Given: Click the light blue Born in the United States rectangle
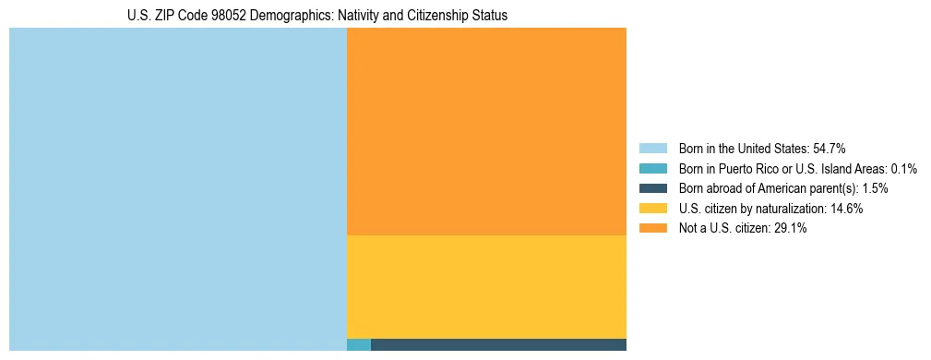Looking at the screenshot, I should (x=177, y=189).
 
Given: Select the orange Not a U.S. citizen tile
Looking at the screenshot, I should (x=486, y=131).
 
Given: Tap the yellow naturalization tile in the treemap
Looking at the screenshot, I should (x=486, y=287).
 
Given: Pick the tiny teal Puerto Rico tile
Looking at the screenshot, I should (x=359, y=345).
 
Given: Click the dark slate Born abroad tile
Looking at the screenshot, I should (x=498, y=345).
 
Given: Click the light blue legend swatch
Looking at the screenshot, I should (x=652, y=149).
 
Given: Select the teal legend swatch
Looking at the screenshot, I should (x=652, y=169).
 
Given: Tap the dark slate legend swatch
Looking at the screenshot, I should (x=652, y=188).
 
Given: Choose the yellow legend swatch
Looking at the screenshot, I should (x=652, y=209).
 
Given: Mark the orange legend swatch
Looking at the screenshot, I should (x=652, y=229).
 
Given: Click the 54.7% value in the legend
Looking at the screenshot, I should (x=829, y=149).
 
